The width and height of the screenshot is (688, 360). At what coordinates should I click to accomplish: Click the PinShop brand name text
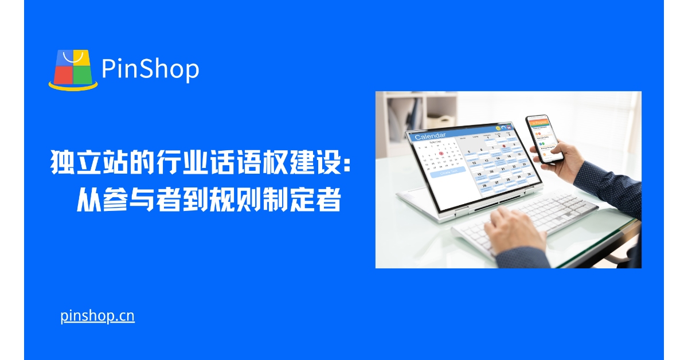pos(150,69)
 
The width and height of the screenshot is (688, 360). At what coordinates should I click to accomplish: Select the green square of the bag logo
pos(83,73)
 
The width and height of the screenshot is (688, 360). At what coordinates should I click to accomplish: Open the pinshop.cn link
pos(97,316)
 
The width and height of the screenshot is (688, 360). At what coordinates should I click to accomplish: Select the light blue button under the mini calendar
pos(448,171)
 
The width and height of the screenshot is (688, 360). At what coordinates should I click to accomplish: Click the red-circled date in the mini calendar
pos(440,153)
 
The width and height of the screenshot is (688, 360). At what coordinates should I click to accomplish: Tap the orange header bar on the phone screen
pos(538,122)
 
